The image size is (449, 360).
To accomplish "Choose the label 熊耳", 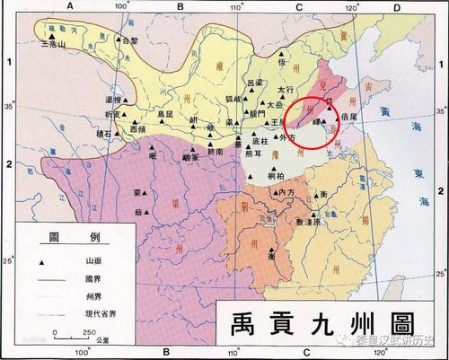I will coord(252,154).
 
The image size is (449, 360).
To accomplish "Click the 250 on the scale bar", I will coord(88,332).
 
